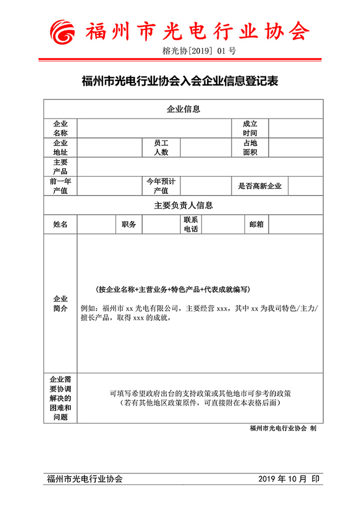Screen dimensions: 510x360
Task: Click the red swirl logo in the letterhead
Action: point(64,32)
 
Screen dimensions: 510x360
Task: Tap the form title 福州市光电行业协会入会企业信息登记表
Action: point(180,81)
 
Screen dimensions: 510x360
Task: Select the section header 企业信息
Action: point(183,109)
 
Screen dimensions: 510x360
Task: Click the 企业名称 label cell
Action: point(60,129)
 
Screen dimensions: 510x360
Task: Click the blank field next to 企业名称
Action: point(154,129)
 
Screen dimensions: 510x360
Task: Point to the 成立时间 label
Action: point(250,129)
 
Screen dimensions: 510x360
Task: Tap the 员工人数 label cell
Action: point(161,148)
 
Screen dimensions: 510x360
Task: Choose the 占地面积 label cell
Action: point(250,148)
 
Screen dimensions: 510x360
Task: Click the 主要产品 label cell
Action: point(60,167)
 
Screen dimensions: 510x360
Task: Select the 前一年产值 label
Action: point(60,186)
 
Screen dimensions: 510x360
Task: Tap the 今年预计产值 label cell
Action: point(161,186)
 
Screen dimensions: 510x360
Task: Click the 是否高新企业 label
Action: point(260,186)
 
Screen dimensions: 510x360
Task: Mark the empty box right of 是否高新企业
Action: point(305,186)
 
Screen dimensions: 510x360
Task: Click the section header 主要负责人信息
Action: point(183,205)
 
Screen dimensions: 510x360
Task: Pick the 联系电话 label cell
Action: point(190,224)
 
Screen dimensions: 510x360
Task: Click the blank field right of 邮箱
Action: point(296,224)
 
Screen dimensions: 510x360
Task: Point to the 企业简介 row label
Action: point(60,303)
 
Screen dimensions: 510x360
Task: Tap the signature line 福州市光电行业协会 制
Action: point(282,428)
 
